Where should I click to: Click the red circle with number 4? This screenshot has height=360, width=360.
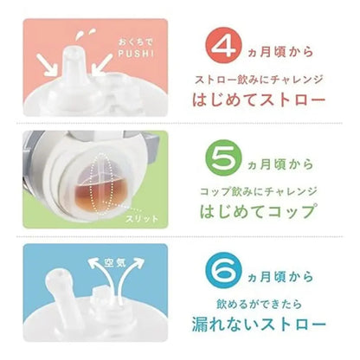(x=223, y=46)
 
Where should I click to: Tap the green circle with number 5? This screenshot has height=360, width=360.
(x=223, y=158)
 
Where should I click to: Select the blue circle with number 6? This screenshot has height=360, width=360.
(x=223, y=270)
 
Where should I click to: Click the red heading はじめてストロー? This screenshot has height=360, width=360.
(x=259, y=100)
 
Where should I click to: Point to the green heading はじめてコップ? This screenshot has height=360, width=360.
(x=257, y=212)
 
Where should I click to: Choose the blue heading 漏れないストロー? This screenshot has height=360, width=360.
(x=259, y=325)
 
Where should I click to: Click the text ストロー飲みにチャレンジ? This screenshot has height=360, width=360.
(x=259, y=80)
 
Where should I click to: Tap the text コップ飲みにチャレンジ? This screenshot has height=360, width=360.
(x=259, y=191)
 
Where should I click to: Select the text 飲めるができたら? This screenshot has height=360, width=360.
(x=259, y=304)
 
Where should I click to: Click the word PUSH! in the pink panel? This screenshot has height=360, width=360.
(x=136, y=54)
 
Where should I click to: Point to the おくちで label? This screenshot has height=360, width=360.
(x=136, y=42)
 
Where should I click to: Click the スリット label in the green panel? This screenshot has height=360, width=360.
(x=142, y=219)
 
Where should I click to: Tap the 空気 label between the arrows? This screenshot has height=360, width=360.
(x=115, y=262)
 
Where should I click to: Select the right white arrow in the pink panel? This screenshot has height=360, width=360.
(x=101, y=65)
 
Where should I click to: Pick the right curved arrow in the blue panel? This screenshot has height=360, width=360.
(x=130, y=271)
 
